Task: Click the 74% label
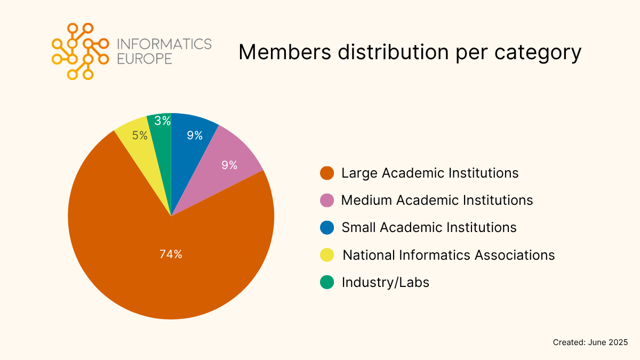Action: [x=171, y=254]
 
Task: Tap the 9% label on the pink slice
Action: [x=229, y=165]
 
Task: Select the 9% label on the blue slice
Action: [x=195, y=135]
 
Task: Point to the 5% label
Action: [x=140, y=135]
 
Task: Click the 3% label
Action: [x=162, y=121]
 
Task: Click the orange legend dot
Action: [x=327, y=173]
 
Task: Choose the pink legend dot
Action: [x=327, y=201]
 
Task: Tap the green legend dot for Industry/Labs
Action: [x=327, y=282]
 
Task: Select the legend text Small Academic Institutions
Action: [x=429, y=228]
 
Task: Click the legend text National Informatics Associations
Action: [x=449, y=255]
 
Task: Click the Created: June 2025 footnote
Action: [x=590, y=342]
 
